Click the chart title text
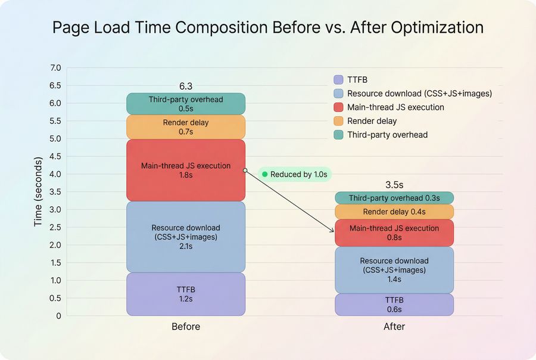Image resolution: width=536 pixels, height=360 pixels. [x=268, y=28]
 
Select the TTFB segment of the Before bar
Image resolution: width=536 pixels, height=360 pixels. [x=186, y=294]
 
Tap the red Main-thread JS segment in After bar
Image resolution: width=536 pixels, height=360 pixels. [x=394, y=232]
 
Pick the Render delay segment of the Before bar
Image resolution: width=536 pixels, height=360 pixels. [x=186, y=127]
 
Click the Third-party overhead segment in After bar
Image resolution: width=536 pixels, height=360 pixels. [x=394, y=198]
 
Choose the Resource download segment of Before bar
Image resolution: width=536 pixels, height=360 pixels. [x=186, y=237]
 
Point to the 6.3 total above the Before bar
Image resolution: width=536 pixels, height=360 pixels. [x=186, y=86]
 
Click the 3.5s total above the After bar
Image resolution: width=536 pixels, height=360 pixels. [x=394, y=185]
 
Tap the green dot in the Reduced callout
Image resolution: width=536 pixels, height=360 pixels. [x=265, y=175]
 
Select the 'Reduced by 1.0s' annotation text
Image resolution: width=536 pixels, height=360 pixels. [x=298, y=175]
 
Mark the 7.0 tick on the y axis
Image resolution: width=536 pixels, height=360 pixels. [x=55, y=69]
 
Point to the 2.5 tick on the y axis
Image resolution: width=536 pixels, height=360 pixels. [x=55, y=228]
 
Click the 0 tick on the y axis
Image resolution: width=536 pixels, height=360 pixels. [x=58, y=316]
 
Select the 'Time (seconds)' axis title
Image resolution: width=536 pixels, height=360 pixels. [x=38, y=192]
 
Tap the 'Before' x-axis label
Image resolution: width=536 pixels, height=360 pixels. [x=186, y=327]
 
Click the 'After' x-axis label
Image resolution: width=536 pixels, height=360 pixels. [x=394, y=327]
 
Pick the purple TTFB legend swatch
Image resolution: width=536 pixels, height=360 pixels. [x=338, y=79]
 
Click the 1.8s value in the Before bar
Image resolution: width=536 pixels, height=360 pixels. [x=186, y=176]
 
